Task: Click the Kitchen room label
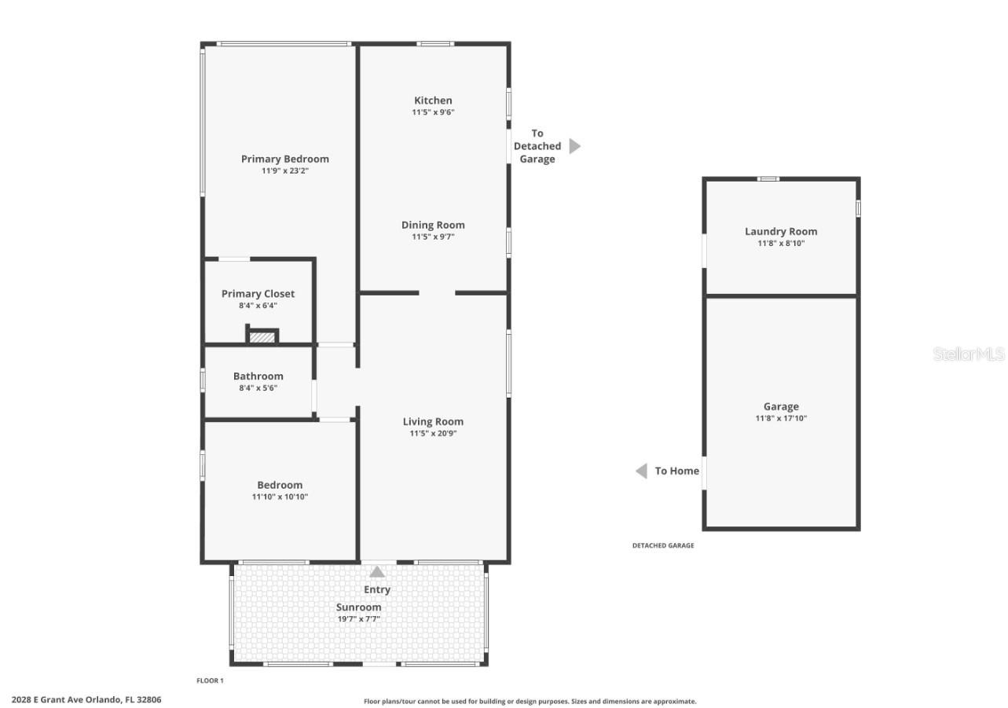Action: pyautogui.click(x=433, y=101)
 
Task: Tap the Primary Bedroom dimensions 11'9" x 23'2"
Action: pyautogui.click(x=284, y=171)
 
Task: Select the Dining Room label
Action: pyautogui.click(x=433, y=225)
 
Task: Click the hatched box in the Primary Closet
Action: pyautogui.click(x=262, y=337)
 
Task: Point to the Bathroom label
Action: pyautogui.click(x=258, y=376)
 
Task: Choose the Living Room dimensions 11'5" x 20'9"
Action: pyautogui.click(x=433, y=434)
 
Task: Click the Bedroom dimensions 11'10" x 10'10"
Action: pyautogui.click(x=280, y=497)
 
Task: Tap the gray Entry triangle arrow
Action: pyautogui.click(x=377, y=572)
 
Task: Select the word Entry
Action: pyautogui.click(x=377, y=589)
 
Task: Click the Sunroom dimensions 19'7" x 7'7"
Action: pyautogui.click(x=359, y=619)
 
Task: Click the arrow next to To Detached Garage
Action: pyautogui.click(x=574, y=146)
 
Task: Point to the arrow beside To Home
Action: pyautogui.click(x=641, y=471)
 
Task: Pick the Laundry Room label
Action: pyautogui.click(x=781, y=231)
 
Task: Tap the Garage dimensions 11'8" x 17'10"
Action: pyautogui.click(x=781, y=418)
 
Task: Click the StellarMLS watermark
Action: pyautogui.click(x=968, y=354)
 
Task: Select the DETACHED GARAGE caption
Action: pyautogui.click(x=663, y=545)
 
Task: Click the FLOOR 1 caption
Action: pyautogui.click(x=210, y=680)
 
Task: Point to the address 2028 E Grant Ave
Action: pyautogui.click(x=86, y=699)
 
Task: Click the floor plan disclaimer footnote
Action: pyautogui.click(x=530, y=701)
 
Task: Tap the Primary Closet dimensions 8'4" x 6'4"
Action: pyautogui.click(x=258, y=306)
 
